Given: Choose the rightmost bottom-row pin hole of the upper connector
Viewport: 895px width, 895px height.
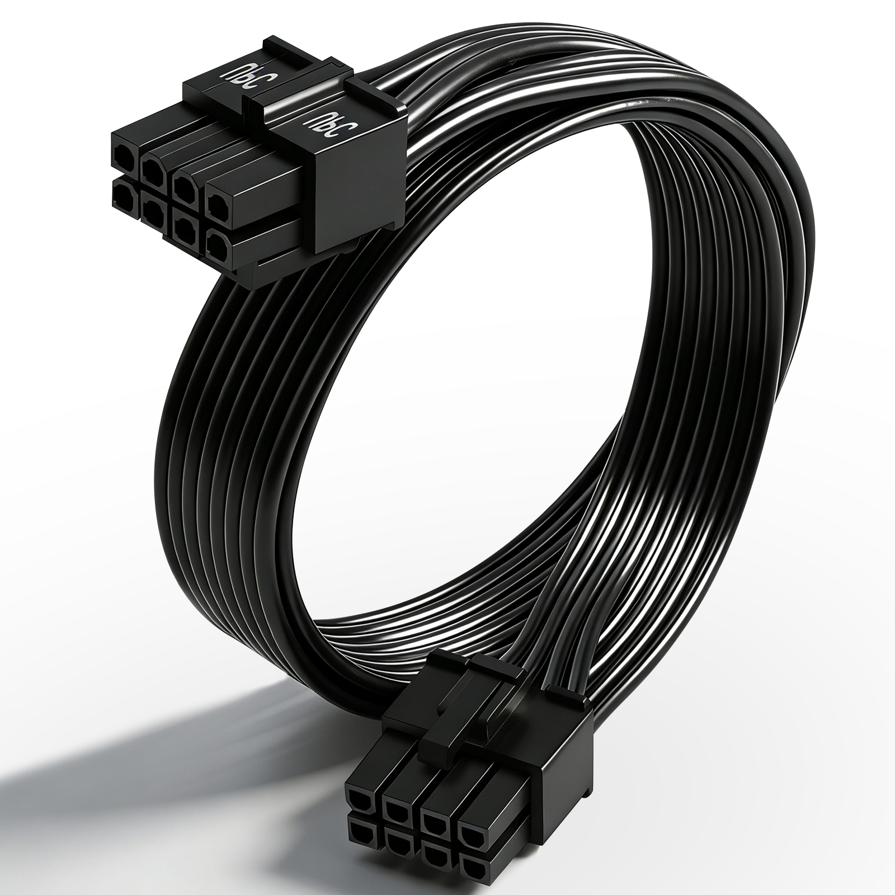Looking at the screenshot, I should point(218,246).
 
